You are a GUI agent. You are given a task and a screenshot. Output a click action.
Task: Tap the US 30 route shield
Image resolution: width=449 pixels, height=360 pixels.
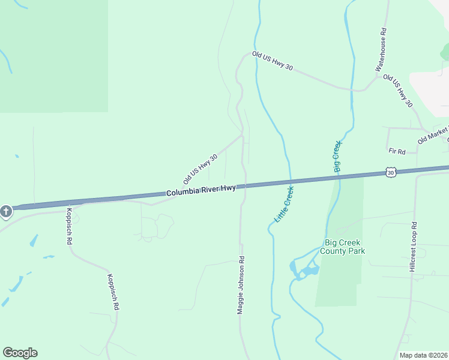tap(391, 173)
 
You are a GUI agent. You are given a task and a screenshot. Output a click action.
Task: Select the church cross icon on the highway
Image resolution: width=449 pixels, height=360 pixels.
tap(6, 212)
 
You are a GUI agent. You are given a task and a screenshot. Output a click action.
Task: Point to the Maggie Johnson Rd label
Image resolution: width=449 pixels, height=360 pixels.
tap(241, 285)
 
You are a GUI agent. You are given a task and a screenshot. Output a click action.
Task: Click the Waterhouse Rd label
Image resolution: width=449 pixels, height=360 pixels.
tap(382, 50)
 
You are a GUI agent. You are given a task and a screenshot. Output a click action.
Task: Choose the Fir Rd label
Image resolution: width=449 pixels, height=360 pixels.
tap(397, 151)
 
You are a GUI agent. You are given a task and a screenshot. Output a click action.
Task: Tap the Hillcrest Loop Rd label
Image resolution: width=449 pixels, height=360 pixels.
tap(413, 247)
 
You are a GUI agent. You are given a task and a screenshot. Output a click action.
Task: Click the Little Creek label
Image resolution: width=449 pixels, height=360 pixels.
tap(284, 205)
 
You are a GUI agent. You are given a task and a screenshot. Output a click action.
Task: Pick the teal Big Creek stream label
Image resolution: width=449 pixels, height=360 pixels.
tap(336, 157)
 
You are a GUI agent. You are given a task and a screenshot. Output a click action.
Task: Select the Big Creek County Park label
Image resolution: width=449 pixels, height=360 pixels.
tap(345, 247)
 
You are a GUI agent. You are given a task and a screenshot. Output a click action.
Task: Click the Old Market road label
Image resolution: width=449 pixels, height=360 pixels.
tap(433, 136)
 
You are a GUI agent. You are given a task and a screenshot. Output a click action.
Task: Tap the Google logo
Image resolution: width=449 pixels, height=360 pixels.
tap(20, 353)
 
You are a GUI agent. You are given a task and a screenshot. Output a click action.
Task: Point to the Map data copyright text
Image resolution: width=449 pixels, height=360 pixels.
tap(424, 355)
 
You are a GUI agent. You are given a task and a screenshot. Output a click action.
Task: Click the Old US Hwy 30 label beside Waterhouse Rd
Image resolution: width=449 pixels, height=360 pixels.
tap(399, 91)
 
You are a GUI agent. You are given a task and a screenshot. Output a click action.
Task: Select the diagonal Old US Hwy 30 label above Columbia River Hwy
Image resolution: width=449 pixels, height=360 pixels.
tap(200, 167)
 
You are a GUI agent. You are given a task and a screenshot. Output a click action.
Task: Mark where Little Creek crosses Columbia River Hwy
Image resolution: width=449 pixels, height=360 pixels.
tap(291, 181)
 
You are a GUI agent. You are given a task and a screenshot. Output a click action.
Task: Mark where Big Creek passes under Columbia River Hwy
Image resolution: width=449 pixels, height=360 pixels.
tap(340, 178)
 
